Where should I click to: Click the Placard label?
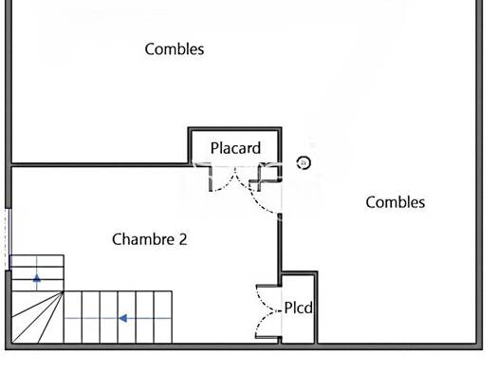[x=235, y=148]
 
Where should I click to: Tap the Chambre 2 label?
[x=150, y=239]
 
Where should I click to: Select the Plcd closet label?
[x=298, y=308]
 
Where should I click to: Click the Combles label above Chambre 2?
[x=175, y=49]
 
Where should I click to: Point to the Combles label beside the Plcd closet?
[x=396, y=202]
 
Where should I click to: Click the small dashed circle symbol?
[x=304, y=162]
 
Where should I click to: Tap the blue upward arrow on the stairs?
[x=37, y=278]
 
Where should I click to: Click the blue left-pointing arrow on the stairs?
[x=123, y=318]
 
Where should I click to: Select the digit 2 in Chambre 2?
[x=183, y=239]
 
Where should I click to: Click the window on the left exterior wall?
[x=9, y=239]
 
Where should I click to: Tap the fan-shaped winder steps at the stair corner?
[x=37, y=317]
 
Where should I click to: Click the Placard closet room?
[x=235, y=147]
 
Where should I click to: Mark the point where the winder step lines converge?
[x=64, y=291]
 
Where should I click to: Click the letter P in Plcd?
[x=288, y=308]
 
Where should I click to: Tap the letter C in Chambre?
[x=117, y=239]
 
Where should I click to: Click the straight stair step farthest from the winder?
[x=163, y=317]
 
